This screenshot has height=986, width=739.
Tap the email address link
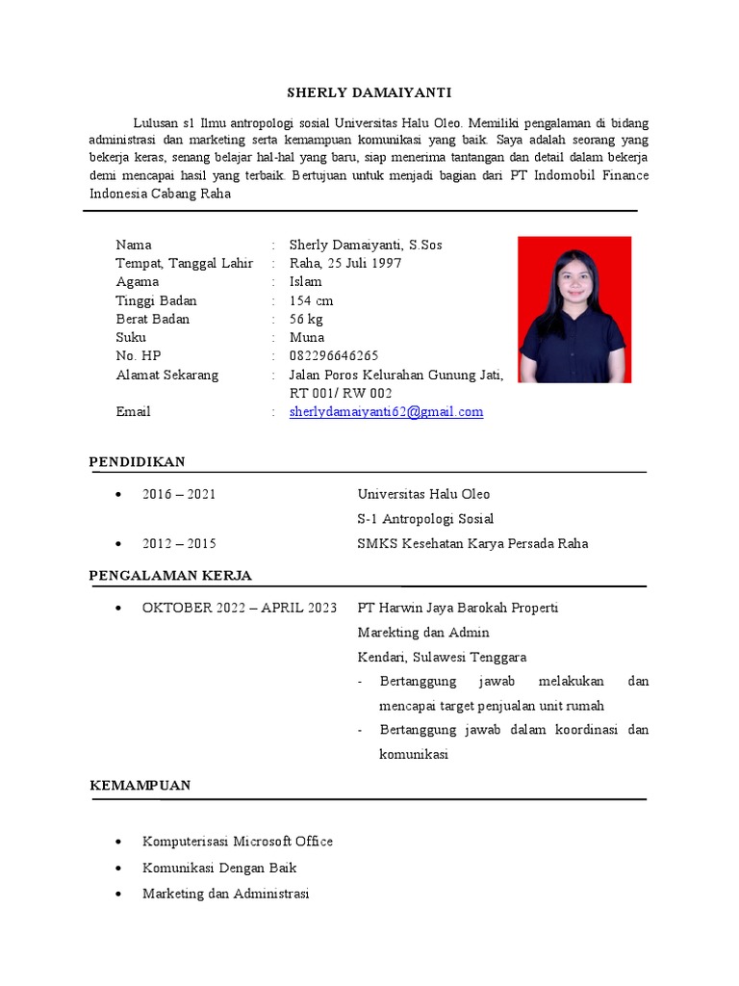(386, 412)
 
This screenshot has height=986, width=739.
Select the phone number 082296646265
(334, 356)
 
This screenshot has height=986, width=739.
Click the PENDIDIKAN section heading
(138, 462)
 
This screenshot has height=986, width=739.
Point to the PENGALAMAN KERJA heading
(170, 576)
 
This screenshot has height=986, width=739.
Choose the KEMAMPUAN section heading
(140, 786)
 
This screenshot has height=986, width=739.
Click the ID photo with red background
(574, 309)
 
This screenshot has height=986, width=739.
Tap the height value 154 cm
(312, 300)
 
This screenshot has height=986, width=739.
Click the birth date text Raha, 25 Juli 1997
(345, 264)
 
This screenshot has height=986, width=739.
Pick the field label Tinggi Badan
(156, 300)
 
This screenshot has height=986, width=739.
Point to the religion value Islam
(306, 282)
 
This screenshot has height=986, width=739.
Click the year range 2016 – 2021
(179, 495)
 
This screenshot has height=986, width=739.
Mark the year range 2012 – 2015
(179, 544)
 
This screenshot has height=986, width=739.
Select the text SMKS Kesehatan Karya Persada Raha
(472, 544)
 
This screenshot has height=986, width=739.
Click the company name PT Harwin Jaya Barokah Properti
(458, 609)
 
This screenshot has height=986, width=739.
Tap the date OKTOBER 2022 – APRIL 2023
(240, 609)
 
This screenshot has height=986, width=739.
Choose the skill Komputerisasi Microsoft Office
(238, 842)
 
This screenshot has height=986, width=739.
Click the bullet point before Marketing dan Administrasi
(117, 895)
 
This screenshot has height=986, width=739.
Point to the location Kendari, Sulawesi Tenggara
(442, 658)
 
